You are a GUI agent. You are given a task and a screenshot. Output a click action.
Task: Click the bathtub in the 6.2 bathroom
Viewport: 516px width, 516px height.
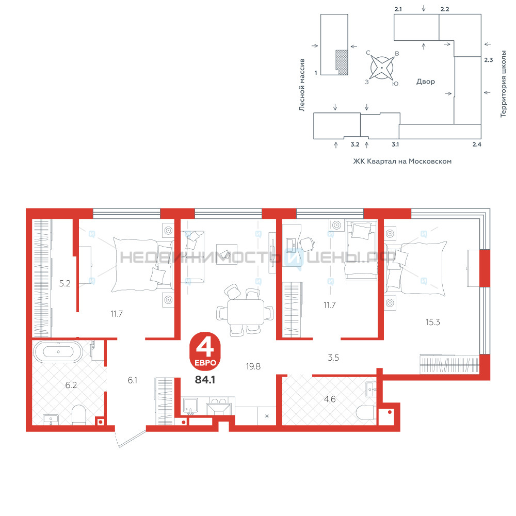pyautogui.click(x=58, y=352)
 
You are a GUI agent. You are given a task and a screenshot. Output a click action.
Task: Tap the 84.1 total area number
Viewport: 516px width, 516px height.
pyautogui.click(x=205, y=380)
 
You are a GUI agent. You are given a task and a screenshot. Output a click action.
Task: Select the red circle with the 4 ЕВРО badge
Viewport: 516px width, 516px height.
pyautogui.click(x=205, y=351)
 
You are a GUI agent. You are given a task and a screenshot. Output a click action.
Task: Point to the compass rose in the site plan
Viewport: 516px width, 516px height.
pyautogui.click(x=382, y=68)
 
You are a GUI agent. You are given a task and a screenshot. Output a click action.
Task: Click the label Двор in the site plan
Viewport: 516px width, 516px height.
pyautogui.click(x=426, y=82)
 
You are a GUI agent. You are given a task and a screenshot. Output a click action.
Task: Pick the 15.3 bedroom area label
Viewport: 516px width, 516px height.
pyautogui.click(x=433, y=322)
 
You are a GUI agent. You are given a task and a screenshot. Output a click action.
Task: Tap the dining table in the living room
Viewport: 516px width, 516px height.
pyautogui.click(x=246, y=312)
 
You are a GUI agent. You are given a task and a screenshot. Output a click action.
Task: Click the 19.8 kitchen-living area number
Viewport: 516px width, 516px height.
pyautogui.click(x=253, y=366)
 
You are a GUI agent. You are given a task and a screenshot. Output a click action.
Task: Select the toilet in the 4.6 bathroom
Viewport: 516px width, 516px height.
pyautogui.click(x=366, y=413)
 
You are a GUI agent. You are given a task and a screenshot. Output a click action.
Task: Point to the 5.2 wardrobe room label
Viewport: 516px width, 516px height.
pyautogui.click(x=65, y=283)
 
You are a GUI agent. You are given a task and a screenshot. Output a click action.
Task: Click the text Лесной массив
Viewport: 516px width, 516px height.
pyautogui.click(x=302, y=85)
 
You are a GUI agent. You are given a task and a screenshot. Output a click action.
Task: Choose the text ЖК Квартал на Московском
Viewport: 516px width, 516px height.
pyautogui.click(x=402, y=161)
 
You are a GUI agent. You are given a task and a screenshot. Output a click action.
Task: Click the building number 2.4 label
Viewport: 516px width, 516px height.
pyautogui.click(x=477, y=144)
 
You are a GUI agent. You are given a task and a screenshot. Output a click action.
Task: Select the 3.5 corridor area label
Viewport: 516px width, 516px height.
pyautogui.click(x=333, y=358)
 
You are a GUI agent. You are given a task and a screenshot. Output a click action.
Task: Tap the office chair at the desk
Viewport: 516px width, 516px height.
pyautogui.click(x=307, y=244)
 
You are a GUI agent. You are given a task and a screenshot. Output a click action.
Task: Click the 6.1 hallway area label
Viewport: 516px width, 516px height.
pyautogui.click(x=132, y=380)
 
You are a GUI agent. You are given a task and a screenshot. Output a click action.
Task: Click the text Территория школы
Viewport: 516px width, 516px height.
pyautogui.click(x=503, y=84)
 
